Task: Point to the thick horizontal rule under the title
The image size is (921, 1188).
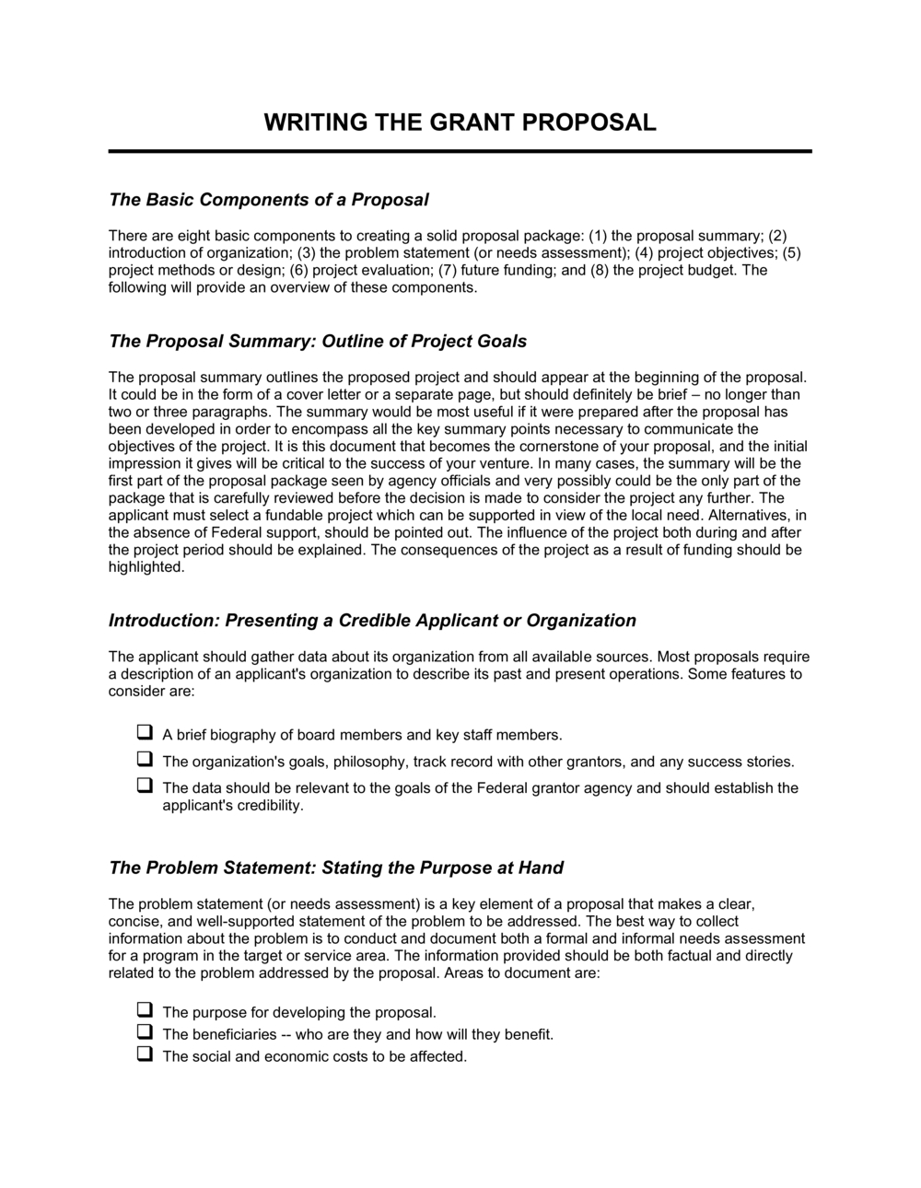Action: [460, 150]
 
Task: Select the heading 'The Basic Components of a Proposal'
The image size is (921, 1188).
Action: [269, 200]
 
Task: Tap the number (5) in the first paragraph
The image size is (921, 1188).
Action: [792, 252]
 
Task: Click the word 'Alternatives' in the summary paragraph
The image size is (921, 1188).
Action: [745, 516]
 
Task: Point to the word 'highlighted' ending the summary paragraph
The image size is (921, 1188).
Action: [146, 567]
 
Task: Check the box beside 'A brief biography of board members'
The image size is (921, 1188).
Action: [145, 734]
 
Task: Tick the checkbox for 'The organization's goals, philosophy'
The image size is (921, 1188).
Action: [145, 761]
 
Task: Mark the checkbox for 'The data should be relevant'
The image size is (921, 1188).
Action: [145, 786]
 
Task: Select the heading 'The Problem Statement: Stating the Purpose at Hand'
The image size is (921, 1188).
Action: [336, 868]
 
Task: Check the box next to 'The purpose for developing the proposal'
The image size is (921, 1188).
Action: [145, 1011]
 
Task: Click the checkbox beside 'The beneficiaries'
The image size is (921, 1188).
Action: [145, 1033]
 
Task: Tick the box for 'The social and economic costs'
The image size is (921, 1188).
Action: [145, 1055]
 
